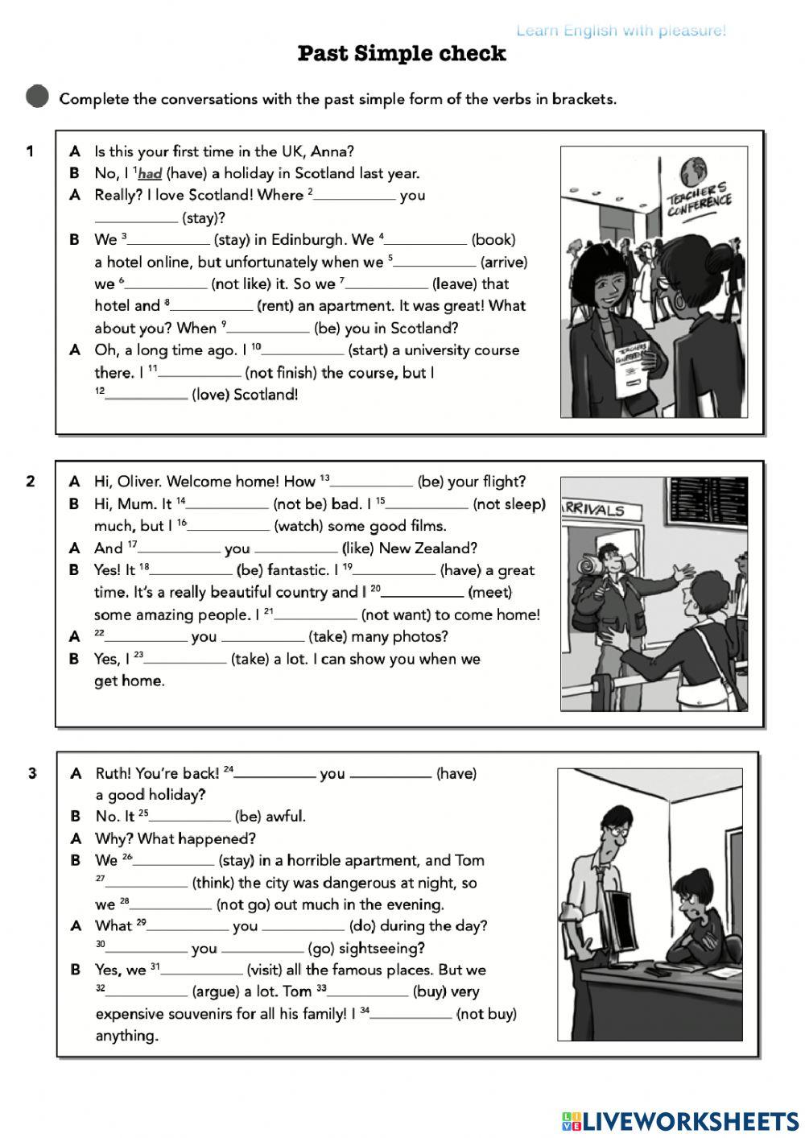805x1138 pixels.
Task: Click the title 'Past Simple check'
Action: point(402,53)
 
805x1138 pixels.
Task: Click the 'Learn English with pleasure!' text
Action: point(621,31)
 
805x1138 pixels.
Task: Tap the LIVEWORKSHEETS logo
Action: point(680,1120)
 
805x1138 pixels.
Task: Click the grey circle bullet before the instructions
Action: point(37,97)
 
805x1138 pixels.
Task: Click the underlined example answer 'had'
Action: point(150,173)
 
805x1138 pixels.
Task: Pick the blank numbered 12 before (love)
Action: point(147,395)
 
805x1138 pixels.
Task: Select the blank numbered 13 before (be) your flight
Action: point(372,482)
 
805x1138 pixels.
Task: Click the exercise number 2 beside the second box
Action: point(31,482)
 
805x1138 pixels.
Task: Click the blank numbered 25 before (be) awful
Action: point(190,817)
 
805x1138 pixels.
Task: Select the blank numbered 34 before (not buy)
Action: point(411,1014)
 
